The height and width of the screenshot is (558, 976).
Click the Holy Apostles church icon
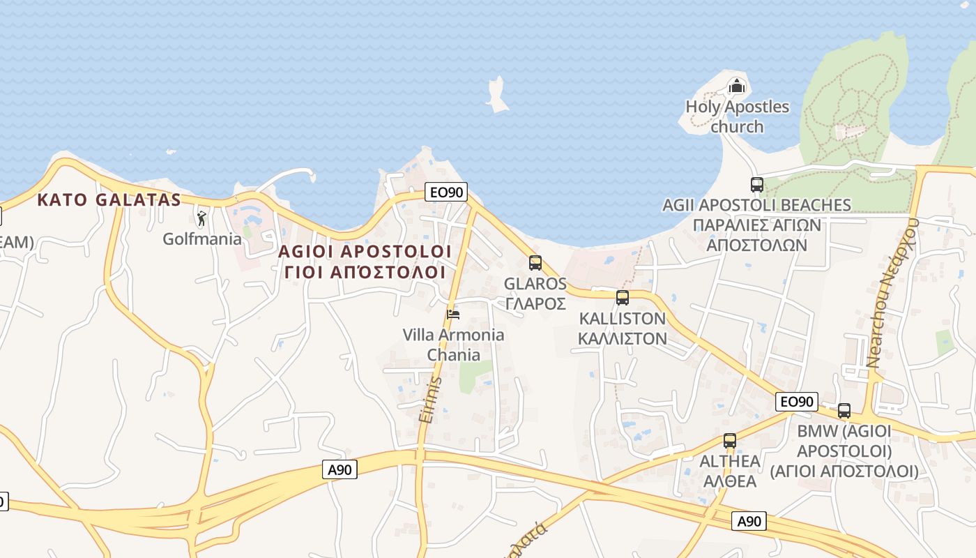737,87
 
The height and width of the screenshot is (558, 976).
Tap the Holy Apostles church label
737,116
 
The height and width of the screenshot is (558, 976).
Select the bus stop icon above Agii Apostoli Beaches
757,185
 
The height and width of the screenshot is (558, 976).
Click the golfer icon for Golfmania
201,219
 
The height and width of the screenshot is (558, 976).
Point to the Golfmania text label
202,239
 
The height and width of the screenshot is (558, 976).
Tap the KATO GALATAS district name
109,200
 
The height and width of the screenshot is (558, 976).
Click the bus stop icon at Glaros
535,263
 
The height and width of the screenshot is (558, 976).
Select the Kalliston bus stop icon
623,298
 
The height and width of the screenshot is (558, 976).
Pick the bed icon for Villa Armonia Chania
453,314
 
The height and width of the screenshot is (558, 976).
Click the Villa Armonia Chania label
453,345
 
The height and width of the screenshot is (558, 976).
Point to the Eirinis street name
431,399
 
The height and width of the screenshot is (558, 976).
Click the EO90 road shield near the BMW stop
796,402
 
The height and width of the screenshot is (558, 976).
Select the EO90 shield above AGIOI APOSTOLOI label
445,192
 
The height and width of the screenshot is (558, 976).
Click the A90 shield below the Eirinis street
340,469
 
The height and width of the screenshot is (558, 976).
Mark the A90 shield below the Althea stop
749,521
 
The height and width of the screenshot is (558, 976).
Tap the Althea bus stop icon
730,441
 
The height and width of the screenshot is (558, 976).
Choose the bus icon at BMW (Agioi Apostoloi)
844,411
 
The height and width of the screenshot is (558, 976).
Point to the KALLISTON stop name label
623,328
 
